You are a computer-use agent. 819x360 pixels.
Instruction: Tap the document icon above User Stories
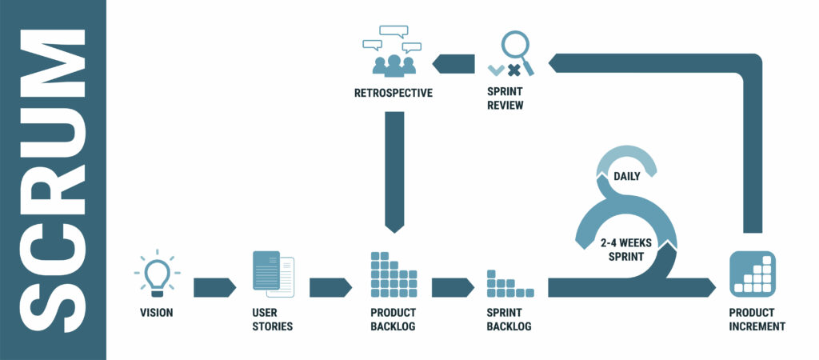click(x=273, y=272)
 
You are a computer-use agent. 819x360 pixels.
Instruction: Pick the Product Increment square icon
click(x=752, y=274)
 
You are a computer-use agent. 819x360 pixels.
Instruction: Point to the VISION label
click(x=156, y=313)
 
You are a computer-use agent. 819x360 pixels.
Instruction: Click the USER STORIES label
click(x=272, y=320)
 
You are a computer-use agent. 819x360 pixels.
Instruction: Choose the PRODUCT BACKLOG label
click(x=394, y=320)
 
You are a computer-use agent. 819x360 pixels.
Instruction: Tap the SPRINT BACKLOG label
click(x=509, y=320)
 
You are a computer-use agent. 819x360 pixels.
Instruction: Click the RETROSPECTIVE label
click(x=393, y=93)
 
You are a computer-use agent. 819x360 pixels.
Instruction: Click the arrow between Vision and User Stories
click(x=214, y=287)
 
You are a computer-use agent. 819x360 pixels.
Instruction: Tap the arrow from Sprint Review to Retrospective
click(x=453, y=62)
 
